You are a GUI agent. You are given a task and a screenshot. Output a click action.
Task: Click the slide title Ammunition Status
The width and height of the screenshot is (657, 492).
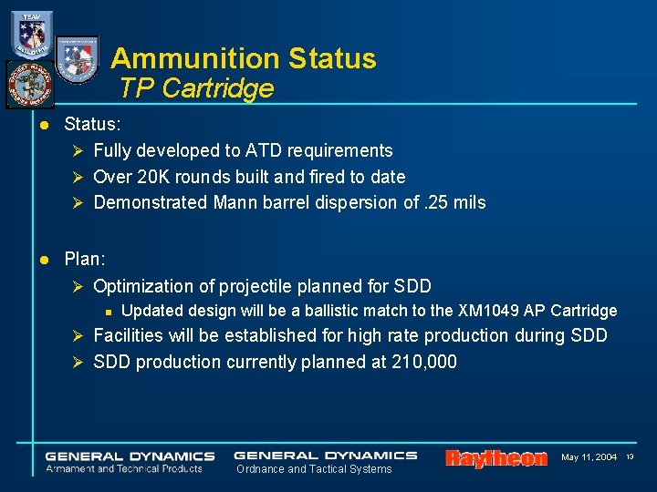[x=243, y=58]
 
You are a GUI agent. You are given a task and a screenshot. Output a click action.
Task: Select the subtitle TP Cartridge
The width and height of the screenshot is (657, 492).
[x=196, y=88]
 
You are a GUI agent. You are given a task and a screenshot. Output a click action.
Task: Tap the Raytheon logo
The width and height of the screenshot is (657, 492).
[x=495, y=457]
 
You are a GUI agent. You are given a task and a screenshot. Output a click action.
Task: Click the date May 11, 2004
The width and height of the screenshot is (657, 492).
[x=589, y=456]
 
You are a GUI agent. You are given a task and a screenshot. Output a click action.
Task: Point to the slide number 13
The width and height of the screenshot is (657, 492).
[x=629, y=456]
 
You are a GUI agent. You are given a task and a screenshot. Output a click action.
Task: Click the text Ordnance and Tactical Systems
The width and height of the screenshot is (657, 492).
[x=314, y=469]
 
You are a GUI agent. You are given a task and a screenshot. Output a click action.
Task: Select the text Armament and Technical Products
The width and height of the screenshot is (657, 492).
[x=124, y=468]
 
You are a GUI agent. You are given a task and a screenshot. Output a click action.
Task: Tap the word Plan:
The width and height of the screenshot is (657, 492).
[x=85, y=259]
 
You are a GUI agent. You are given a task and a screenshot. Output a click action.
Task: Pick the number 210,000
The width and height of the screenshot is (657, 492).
[x=423, y=362]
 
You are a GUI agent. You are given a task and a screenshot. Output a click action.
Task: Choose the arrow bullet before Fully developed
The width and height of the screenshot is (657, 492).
[x=78, y=151]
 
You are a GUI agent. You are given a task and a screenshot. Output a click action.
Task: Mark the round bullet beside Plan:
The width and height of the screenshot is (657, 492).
[x=43, y=260]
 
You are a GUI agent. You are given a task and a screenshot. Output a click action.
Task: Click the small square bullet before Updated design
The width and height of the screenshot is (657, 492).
[x=108, y=312]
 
